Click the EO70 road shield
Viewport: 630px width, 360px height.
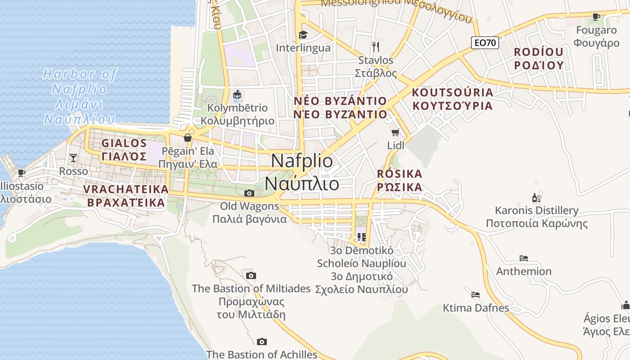pos(486,43)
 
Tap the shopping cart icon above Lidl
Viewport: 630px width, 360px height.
pos(396,132)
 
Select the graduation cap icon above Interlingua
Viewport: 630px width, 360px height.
pos(303,35)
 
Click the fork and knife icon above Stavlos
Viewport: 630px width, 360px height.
pos(376,46)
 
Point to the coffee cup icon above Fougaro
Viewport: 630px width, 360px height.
pos(596,17)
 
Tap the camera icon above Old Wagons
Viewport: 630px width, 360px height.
pos(249,193)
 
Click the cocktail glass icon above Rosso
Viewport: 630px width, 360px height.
pos(73,157)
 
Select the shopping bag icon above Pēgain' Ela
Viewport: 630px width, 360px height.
pos(188,137)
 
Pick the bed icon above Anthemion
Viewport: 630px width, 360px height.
pos(523,258)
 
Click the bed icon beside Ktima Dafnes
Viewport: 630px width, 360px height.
pos(475,295)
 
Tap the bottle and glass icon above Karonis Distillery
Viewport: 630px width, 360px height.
pos(536,198)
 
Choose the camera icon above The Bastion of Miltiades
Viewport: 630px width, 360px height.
pos(251,275)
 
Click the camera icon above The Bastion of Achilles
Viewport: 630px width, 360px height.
pos(261,342)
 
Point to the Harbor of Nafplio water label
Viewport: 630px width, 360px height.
pos(80,96)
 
